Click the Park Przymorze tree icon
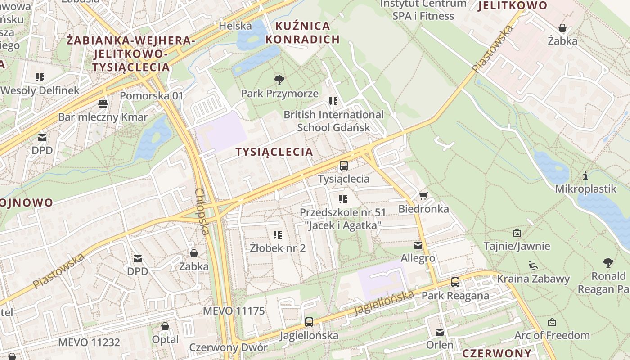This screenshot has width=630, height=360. click(x=279, y=80)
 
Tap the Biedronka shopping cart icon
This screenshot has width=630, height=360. click(x=423, y=196)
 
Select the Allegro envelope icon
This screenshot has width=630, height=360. click(x=418, y=245)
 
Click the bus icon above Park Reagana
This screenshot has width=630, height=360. click(x=455, y=282)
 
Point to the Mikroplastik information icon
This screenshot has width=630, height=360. click(x=585, y=175)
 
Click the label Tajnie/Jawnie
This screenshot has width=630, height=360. click(x=517, y=246)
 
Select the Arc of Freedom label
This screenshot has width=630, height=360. click(x=552, y=335)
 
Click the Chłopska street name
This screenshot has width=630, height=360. click(x=202, y=211)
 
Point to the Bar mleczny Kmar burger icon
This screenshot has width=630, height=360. click(x=103, y=104)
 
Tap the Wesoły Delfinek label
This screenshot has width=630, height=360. click(x=40, y=90)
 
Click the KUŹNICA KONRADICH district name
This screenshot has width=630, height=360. click(x=302, y=32)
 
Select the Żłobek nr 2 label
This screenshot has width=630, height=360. click(x=278, y=248)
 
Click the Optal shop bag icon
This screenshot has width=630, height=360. click(x=165, y=326)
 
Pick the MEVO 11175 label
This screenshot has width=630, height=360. click(x=234, y=311)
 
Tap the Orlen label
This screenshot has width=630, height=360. click(x=440, y=345)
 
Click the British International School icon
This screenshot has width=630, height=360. click(x=333, y=101)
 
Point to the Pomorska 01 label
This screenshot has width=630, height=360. click(x=152, y=95)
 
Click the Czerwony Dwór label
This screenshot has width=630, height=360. click(x=228, y=347)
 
